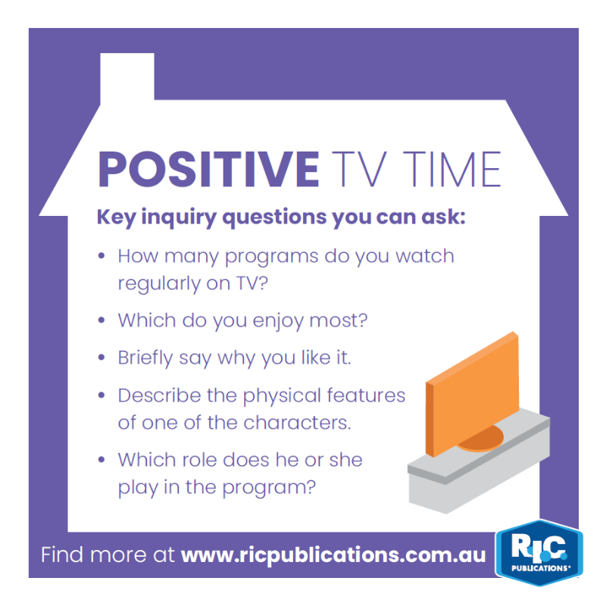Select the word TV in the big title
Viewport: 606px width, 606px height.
(359, 169)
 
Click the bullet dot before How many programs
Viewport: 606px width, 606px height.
(102, 255)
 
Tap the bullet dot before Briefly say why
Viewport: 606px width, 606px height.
(102, 358)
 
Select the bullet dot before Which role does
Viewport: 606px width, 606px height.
(102, 460)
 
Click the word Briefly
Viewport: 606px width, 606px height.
(145, 358)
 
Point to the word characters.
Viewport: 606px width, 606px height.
(297, 423)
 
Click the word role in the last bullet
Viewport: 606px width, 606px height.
(197, 460)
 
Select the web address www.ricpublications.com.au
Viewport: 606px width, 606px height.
(333, 555)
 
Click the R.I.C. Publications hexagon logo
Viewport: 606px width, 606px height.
(539, 553)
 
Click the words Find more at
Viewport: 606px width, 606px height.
(108, 555)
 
